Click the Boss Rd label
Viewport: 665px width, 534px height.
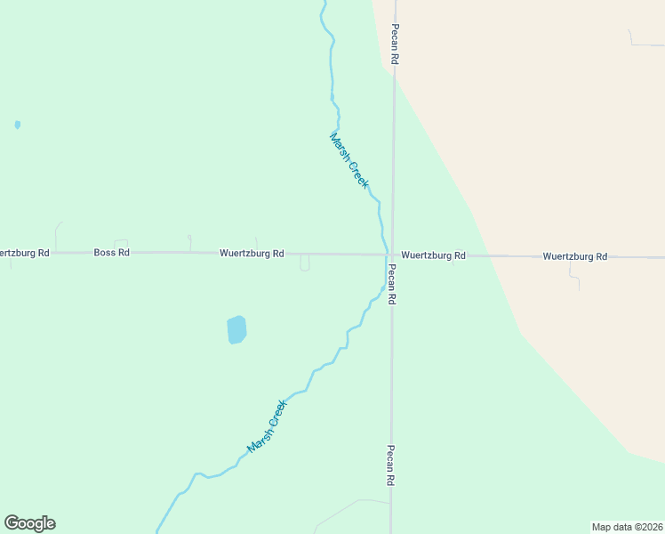pos(112,253)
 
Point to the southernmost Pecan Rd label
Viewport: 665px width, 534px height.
pos(389,465)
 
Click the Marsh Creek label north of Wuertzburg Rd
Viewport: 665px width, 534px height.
pos(349,160)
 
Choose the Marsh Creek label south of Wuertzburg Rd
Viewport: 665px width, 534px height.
pos(268,425)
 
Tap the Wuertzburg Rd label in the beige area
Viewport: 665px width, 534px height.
pos(574,256)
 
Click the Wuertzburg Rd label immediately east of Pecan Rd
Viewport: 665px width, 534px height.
pos(433,255)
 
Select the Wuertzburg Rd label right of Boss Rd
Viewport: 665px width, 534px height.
pos(252,254)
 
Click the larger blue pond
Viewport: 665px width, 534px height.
pos(236,329)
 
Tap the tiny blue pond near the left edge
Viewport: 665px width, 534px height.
pos(18,125)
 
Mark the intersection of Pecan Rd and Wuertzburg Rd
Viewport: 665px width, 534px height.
pos(391,255)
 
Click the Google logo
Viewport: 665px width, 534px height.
pos(29,523)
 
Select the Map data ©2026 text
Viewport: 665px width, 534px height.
pos(627,527)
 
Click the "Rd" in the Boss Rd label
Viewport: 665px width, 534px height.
pos(124,253)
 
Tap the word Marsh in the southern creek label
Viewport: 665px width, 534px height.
pos(260,436)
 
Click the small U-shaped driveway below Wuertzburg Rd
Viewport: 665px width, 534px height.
pos(304,263)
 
